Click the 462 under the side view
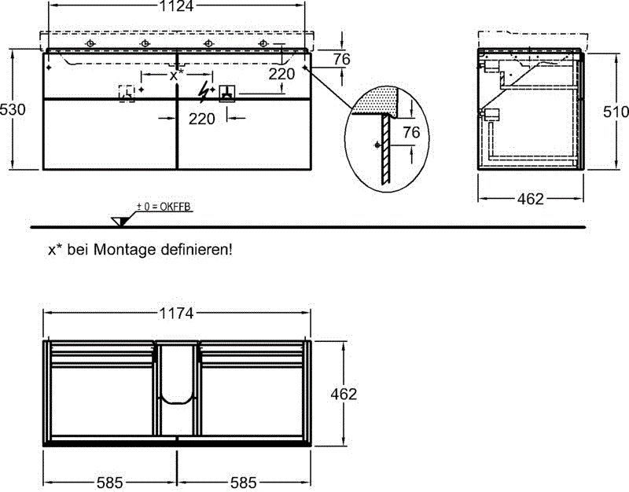532,199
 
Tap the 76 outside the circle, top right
340,60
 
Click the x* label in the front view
177,75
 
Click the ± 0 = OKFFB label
164,207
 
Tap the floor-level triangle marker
120,220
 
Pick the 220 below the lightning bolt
202,119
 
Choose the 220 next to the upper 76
281,74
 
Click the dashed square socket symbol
126,93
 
